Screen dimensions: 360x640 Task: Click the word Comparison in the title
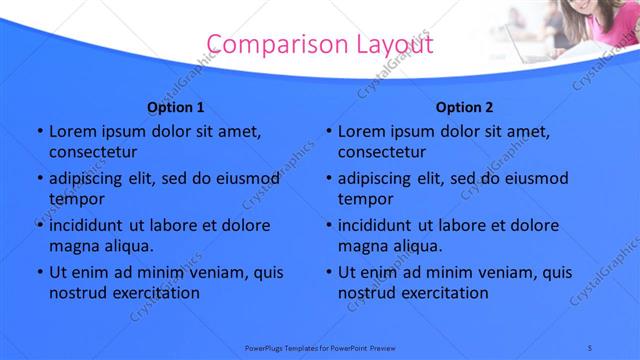pyautogui.click(x=269, y=45)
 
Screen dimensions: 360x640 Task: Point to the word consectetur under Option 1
pyautogui.click(x=93, y=153)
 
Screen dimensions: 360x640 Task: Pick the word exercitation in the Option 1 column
pyautogui.click(x=154, y=293)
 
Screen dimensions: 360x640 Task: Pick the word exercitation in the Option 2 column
pyautogui.click(x=444, y=293)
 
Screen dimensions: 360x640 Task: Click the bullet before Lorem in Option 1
pyautogui.click(x=38, y=132)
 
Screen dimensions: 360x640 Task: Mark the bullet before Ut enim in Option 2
pyautogui.click(x=328, y=272)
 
